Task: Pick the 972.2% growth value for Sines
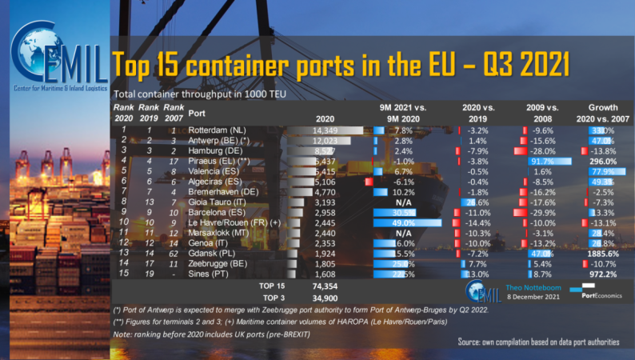click(601, 274)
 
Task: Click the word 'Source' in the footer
click(472, 342)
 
